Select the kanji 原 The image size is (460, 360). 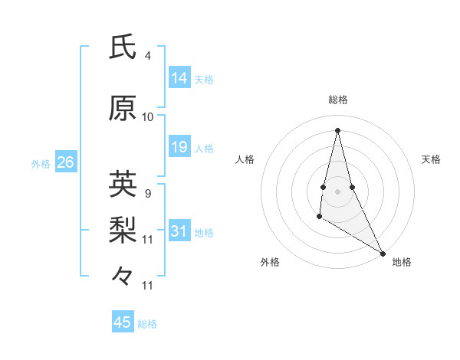pyautogui.click(x=123, y=108)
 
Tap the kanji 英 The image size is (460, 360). pyautogui.click(x=123, y=185)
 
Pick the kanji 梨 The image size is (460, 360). pyautogui.click(x=123, y=229)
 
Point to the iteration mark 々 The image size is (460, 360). pyautogui.click(x=123, y=275)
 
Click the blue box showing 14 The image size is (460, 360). pyautogui.click(x=179, y=77)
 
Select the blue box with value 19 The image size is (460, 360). pyautogui.click(x=179, y=147)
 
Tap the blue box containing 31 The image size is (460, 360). pyautogui.click(x=179, y=231)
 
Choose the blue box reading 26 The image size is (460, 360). pyautogui.click(x=65, y=162)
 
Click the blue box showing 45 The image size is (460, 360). pyautogui.click(x=123, y=322)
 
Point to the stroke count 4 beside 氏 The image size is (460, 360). pyautogui.click(x=147, y=56)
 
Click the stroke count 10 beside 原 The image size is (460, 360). pyautogui.click(x=148, y=117)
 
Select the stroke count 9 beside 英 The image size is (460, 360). pyautogui.click(x=147, y=193)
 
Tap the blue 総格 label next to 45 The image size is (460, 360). pyautogui.click(x=147, y=324)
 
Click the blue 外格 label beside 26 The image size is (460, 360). pyautogui.click(x=41, y=164)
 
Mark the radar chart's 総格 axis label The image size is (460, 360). pyautogui.click(x=337, y=100)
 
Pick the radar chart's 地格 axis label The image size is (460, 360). pyautogui.click(x=402, y=263)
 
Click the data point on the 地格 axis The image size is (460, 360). pyautogui.click(x=383, y=254)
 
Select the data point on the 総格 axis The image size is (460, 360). pyautogui.click(x=337, y=129)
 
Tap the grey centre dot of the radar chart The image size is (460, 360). pyautogui.click(x=337, y=190)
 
